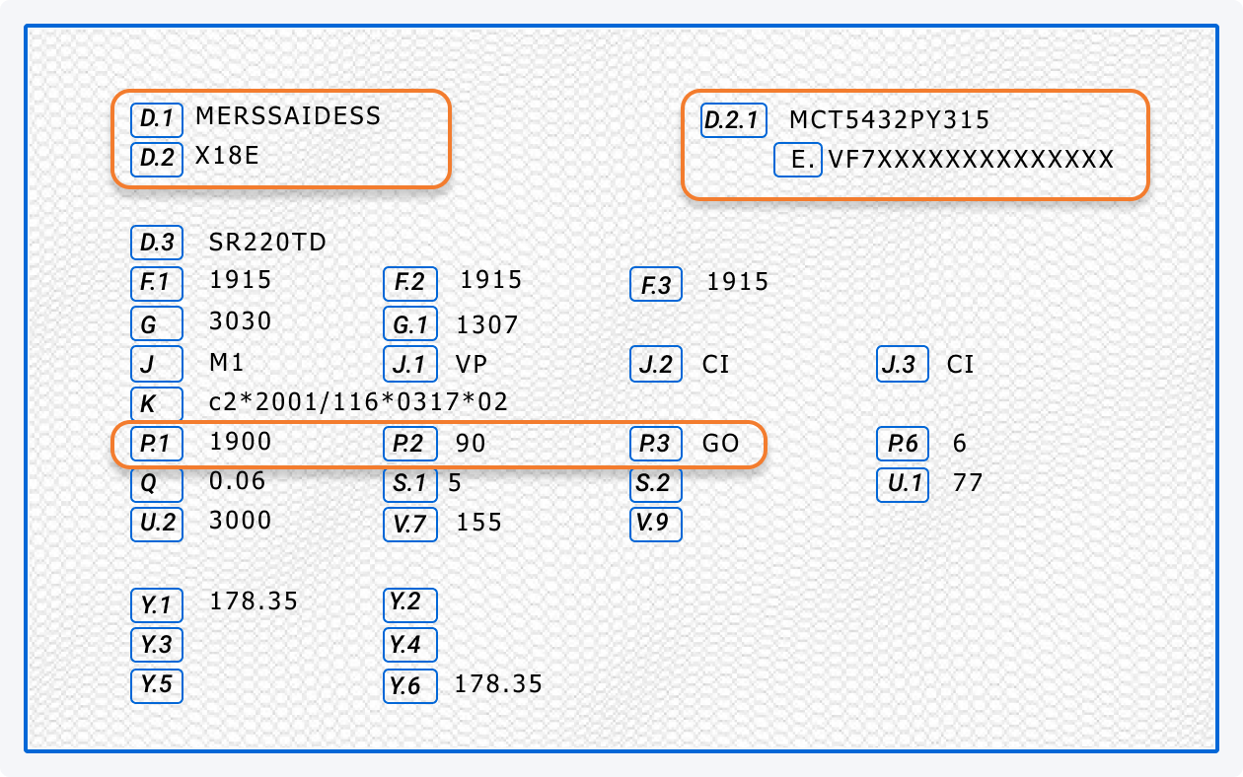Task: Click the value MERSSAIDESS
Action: coord(288,116)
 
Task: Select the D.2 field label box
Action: coord(157,158)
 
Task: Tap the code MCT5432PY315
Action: coord(889,120)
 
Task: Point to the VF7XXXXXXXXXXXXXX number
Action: coord(971,160)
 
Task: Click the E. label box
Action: coord(798,160)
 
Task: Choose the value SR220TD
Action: coord(267,242)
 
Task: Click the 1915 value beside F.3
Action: coord(737,283)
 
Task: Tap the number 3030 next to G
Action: coord(240,321)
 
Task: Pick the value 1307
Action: coord(486,324)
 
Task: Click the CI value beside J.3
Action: coord(960,365)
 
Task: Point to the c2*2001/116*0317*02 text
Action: coord(359,402)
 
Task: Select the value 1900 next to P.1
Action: coord(240,442)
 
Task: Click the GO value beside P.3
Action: coord(720,444)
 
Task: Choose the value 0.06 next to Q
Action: coord(237,481)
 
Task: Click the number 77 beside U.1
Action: coord(968,483)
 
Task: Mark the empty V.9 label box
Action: coord(656,524)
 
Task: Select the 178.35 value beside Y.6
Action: coord(498,684)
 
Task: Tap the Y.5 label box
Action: coord(157,684)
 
